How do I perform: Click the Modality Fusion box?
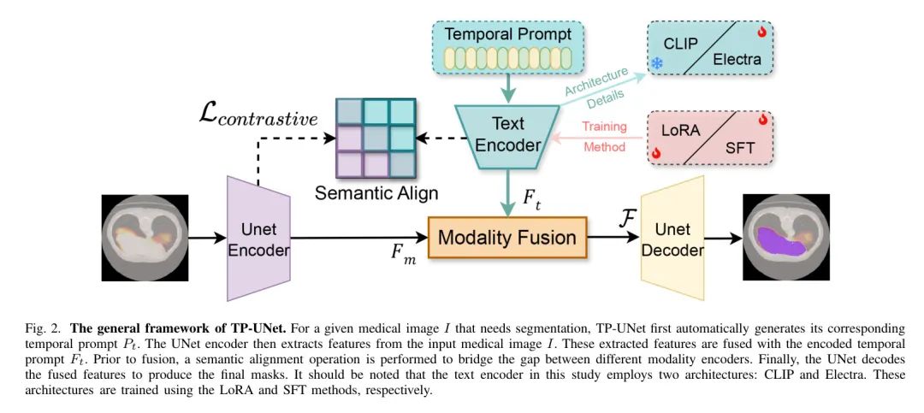pos(507,238)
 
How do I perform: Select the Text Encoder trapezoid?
pos(507,135)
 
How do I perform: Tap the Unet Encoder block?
pos(258,239)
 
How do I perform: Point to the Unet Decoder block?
pos(672,238)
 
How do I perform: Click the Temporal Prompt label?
pos(508,33)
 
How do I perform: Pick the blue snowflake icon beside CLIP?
pos(657,63)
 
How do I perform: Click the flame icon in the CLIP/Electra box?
pos(762,33)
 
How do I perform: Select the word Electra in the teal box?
pos(737,59)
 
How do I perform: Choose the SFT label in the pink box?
pos(739,147)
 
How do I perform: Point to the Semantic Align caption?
pos(376,192)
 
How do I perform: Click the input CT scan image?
pos(145,238)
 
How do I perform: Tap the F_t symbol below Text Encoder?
pos(532,197)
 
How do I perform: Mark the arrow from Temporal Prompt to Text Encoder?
pos(507,90)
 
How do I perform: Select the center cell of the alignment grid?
pos(376,139)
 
